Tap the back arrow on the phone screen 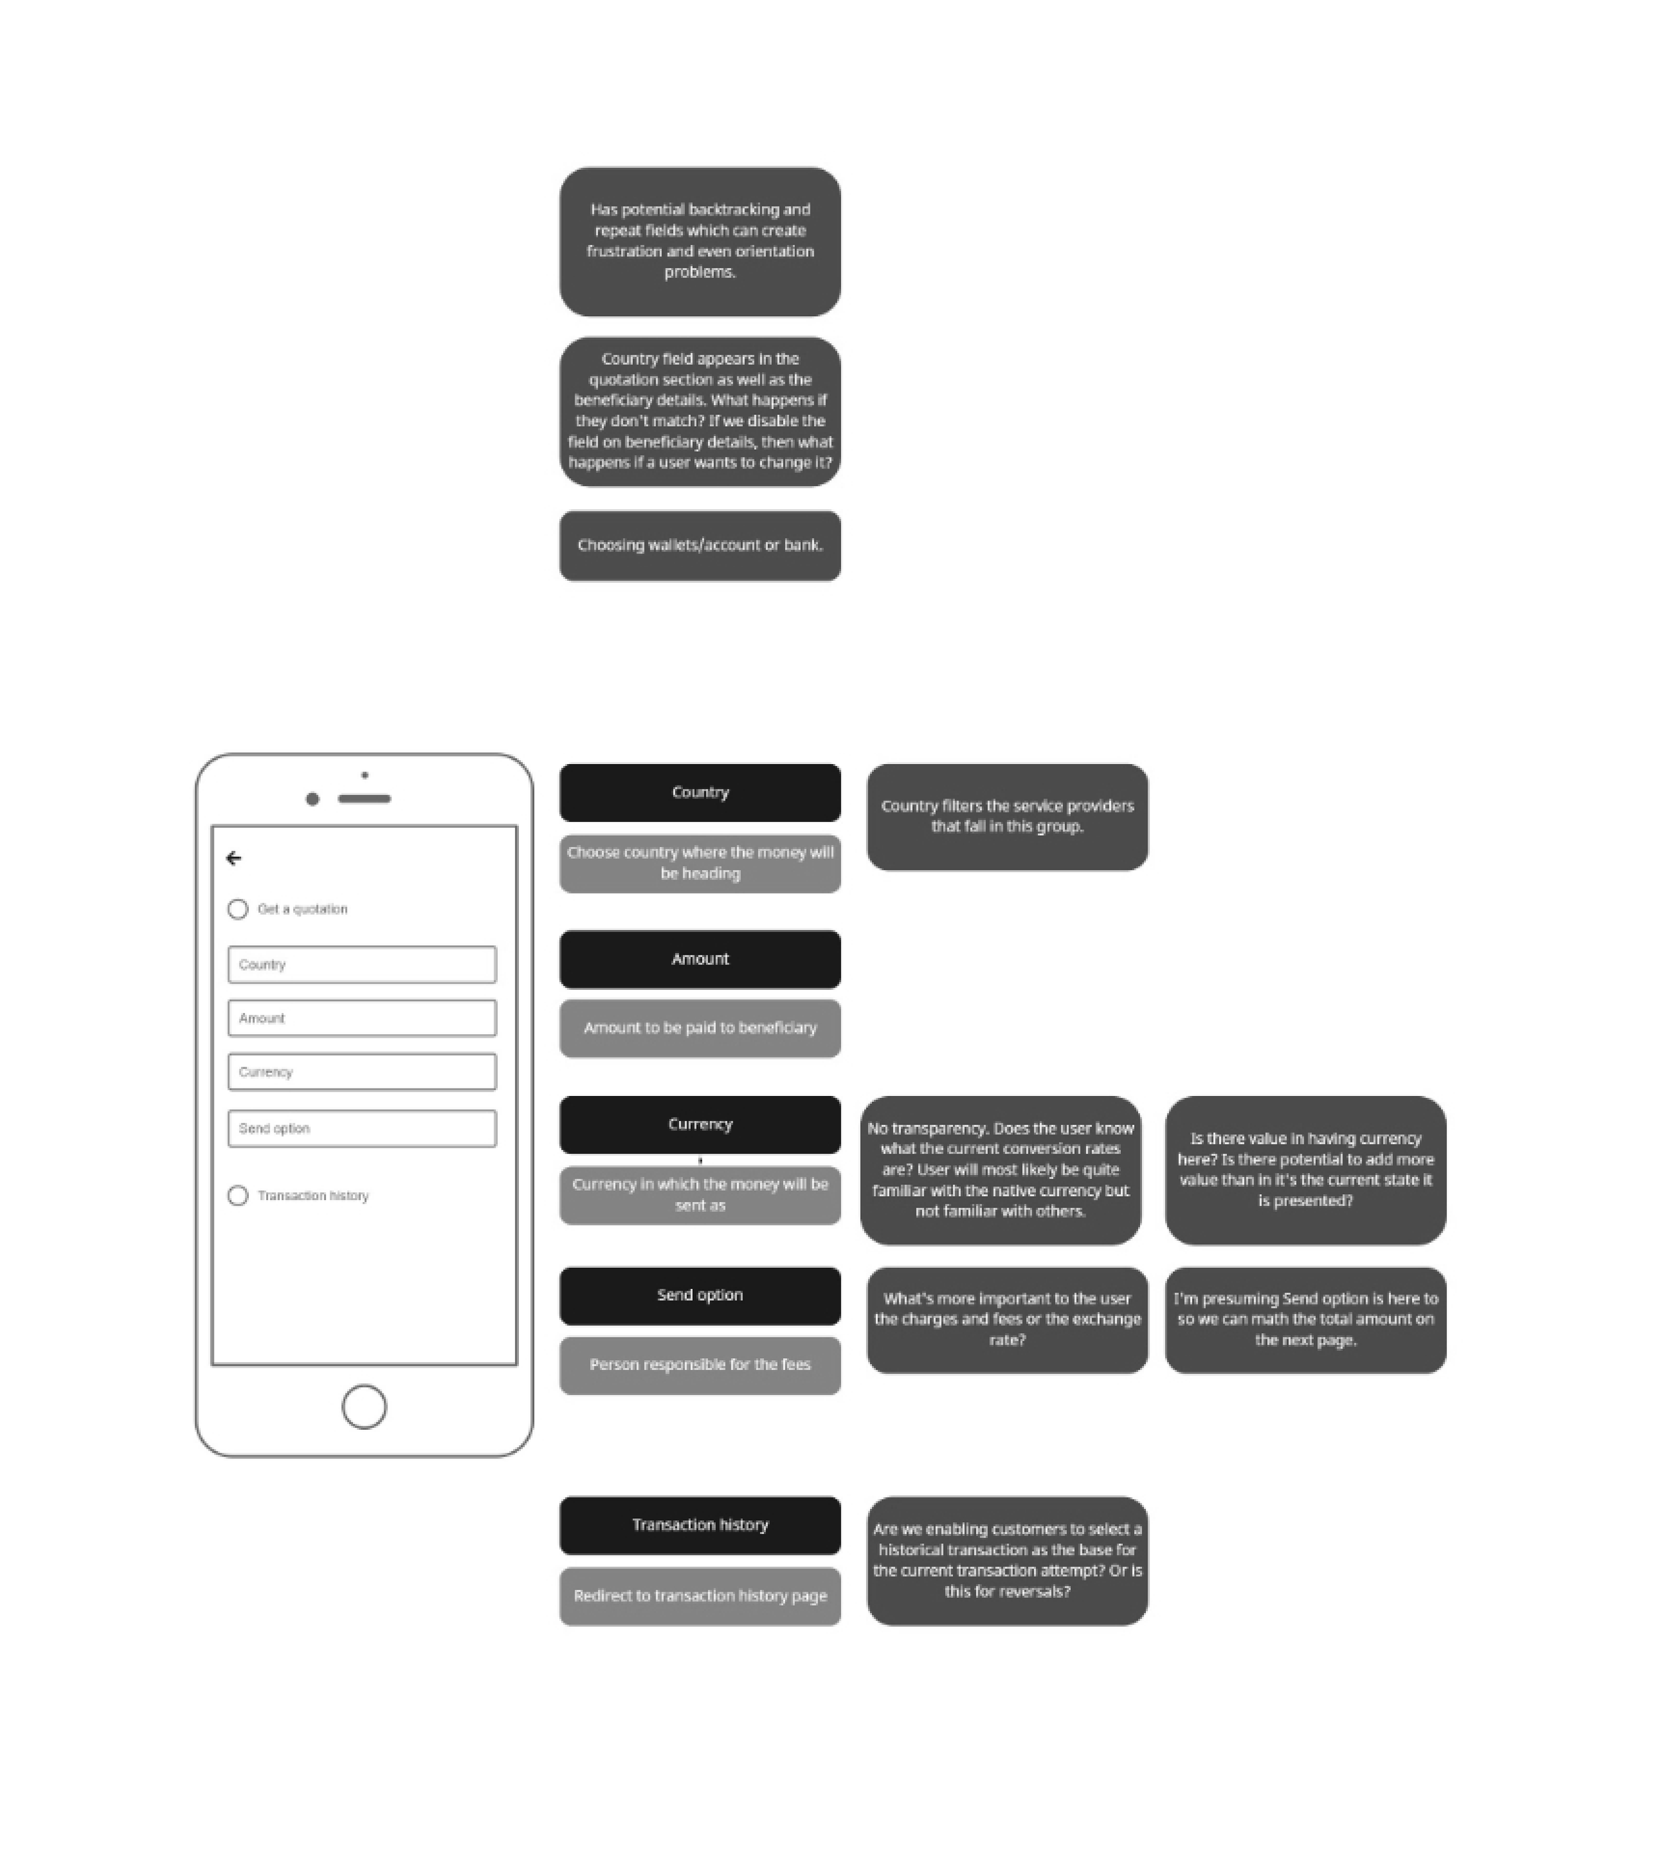234,858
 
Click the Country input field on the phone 362,965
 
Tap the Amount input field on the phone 362,1018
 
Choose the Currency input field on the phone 362,1072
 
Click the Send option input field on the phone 362,1128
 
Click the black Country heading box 700,793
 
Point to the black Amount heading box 700,959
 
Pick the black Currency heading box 700,1124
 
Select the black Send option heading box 700,1296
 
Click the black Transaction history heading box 700,1525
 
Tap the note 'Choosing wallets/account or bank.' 700,545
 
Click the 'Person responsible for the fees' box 700,1365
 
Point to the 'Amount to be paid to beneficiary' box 700,1028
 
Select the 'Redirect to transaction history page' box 700,1596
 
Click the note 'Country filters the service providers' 1007,817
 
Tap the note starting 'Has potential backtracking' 700,242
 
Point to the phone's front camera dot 313,799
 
